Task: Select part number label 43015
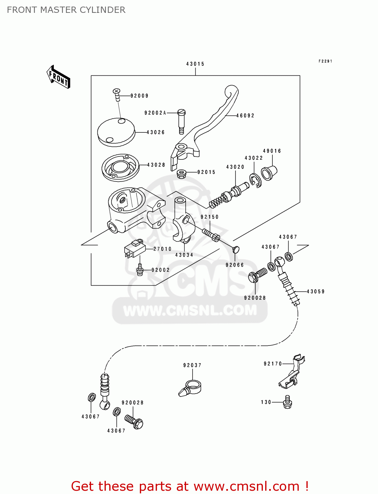click(195, 64)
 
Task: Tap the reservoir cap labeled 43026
click(116, 132)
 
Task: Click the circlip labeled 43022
click(255, 181)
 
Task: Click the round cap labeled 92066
click(236, 250)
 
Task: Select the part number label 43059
click(316, 291)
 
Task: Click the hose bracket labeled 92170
click(292, 372)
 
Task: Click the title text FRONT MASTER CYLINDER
click(66, 10)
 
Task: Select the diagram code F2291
click(325, 61)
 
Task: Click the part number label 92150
click(209, 217)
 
